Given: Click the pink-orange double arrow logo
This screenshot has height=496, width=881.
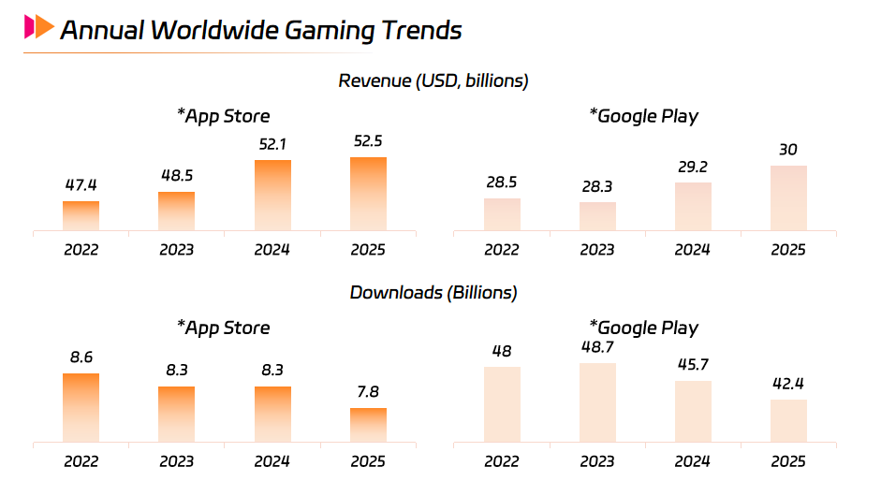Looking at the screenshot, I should coord(39,27).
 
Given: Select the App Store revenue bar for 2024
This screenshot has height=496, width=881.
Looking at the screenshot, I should coord(272,195).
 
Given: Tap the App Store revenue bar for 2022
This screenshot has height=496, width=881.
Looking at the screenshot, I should coord(81,215).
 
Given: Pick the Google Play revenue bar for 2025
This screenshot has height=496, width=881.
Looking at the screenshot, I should coord(787,197).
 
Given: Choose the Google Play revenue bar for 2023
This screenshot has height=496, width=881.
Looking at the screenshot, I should coord(597,215).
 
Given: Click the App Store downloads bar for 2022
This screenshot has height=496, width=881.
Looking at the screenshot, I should coord(81,407).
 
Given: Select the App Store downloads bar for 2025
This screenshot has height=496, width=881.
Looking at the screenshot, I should coord(368,424).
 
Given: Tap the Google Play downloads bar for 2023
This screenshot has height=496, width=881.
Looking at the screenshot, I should coord(597,401).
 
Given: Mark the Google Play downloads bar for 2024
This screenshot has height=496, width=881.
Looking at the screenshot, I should coord(693,411).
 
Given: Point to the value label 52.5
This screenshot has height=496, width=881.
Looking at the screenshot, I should coord(368,140).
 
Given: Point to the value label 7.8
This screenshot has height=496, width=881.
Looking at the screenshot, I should coord(368,391).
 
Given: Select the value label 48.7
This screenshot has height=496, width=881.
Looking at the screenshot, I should coord(597,346).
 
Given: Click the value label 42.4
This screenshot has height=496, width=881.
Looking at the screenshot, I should coord(787,383).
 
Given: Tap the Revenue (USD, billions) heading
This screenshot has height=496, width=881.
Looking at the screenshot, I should coord(433,80).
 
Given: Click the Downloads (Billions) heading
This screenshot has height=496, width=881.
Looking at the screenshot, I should coord(433,292).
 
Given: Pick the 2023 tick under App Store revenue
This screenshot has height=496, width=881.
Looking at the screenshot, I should coord(176,250).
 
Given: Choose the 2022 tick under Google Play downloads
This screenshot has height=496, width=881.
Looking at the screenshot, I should coord(502,461).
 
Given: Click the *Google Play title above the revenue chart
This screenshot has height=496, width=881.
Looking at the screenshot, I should coord(643,116).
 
